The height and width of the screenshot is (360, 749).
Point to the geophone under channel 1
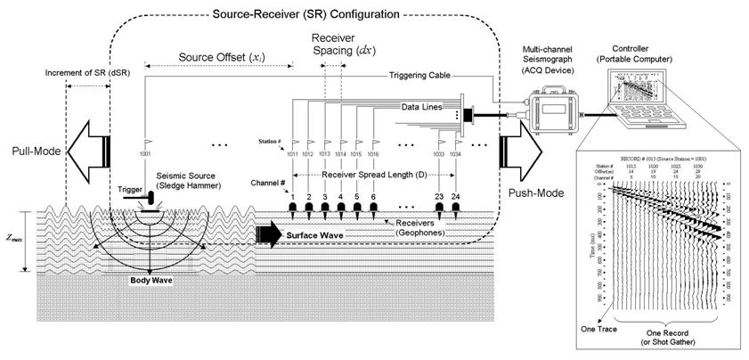coord(292,209)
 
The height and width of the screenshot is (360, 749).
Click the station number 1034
coord(456,154)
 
